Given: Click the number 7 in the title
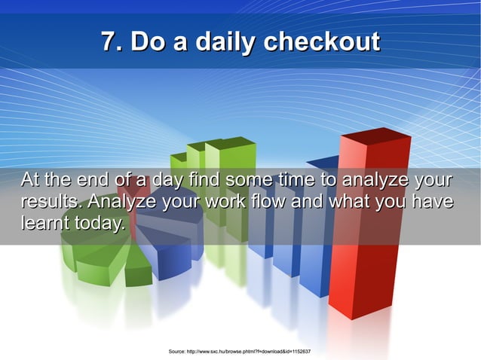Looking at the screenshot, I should (x=109, y=41).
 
